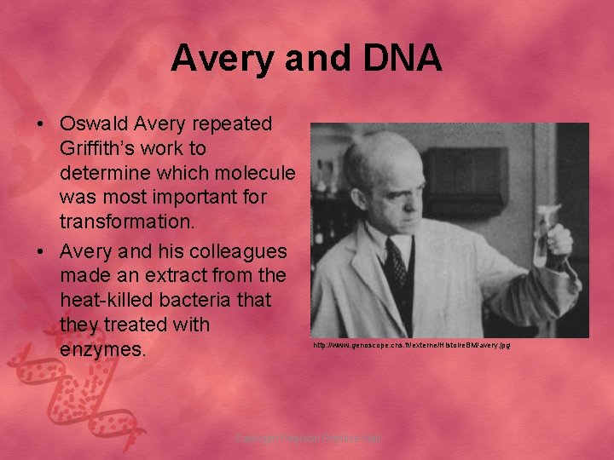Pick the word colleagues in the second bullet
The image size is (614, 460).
pos(238,253)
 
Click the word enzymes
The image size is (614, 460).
pos(99,350)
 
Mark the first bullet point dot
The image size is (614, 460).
pos(41,124)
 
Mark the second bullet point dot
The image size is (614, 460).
pos(41,253)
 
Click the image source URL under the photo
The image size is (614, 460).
pos(411,346)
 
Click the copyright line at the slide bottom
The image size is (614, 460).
pos(307,438)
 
